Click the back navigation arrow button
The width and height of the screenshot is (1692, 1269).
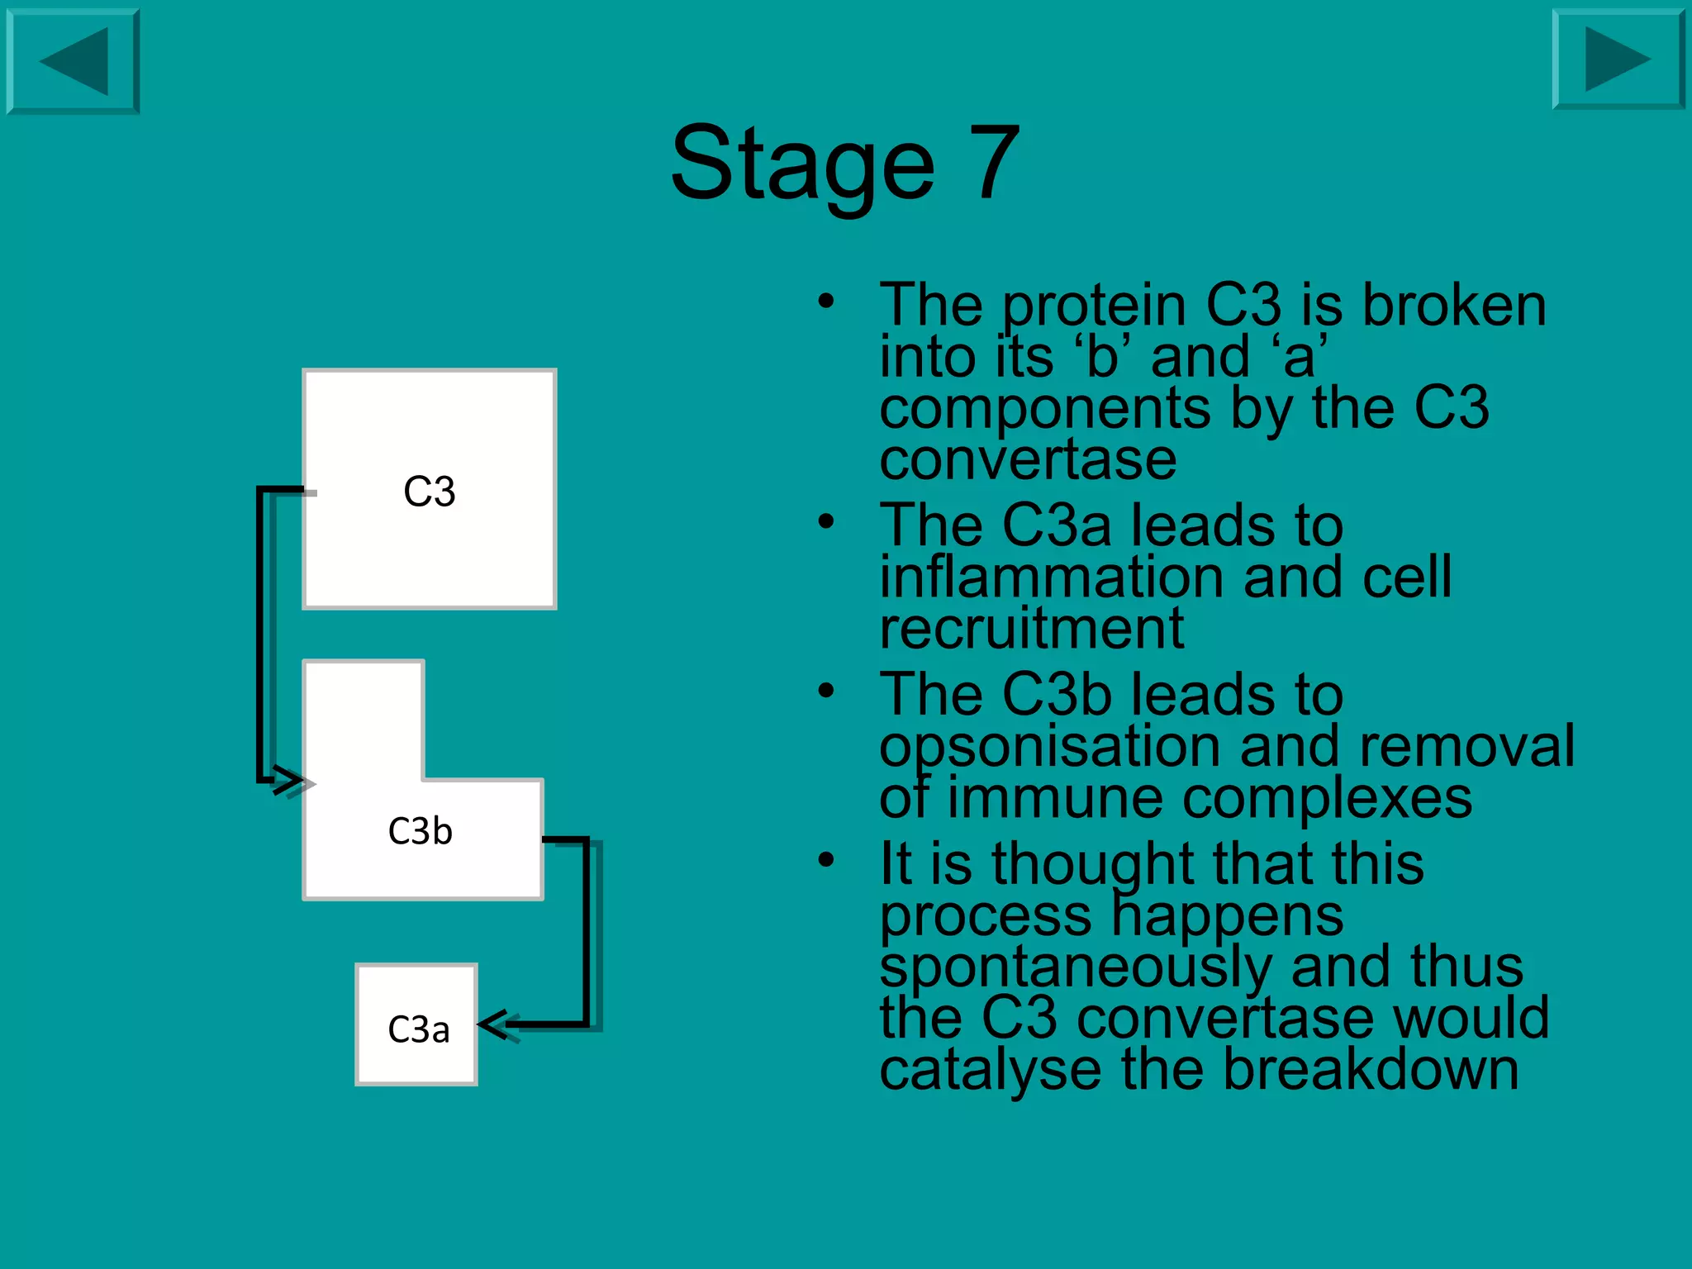[73, 61]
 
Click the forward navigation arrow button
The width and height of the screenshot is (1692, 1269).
[1618, 59]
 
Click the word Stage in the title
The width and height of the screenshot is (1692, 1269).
[801, 164]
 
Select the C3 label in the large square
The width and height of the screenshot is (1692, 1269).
[429, 492]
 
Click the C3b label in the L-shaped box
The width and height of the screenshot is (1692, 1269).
[420, 831]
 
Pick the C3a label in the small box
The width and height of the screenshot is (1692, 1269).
[418, 1029]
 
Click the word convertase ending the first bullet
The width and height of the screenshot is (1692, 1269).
[1028, 459]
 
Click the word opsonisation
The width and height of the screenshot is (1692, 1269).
[1049, 747]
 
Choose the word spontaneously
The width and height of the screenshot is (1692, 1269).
[1074, 967]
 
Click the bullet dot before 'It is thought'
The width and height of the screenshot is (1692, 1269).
[826, 860]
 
